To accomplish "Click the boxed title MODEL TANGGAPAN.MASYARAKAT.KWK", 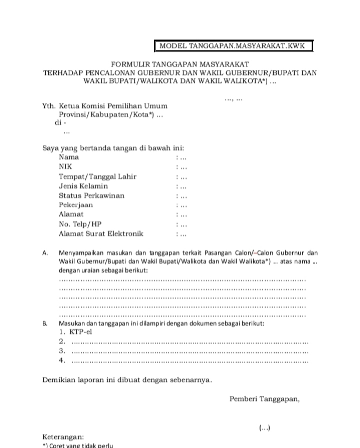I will pyautogui.click(x=234, y=46).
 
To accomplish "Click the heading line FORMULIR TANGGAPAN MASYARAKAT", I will pyautogui.click(x=180, y=64).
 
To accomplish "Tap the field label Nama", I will pyautogui.click(x=69, y=157).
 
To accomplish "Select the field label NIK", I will pyautogui.click(x=65, y=167).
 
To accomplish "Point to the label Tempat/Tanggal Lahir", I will pyautogui.click(x=97, y=176).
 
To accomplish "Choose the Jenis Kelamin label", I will pyautogui.click(x=83, y=186).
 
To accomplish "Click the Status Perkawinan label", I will pyautogui.click(x=91, y=195).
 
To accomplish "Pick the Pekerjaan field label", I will pyautogui.click(x=76, y=205).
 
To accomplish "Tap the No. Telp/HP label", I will pyautogui.click(x=80, y=224).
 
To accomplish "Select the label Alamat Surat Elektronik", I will pyautogui.click(x=101, y=233).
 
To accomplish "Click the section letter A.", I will pyautogui.click(x=45, y=253).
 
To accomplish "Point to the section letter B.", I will pyautogui.click(x=45, y=324).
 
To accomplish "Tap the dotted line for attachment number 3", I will pyautogui.click(x=190, y=351).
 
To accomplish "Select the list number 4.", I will pyautogui.click(x=62, y=360).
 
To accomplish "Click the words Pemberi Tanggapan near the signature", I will pyautogui.click(x=265, y=399).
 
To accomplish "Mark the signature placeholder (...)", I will pyautogui.click(x=265, y=428).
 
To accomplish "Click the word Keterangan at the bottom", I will pyautogui.click(x=63, y=437).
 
